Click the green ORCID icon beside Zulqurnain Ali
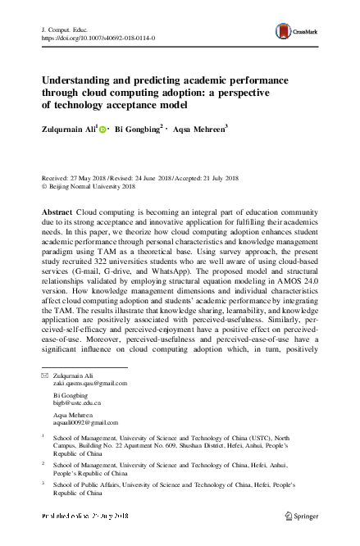click(104, 129)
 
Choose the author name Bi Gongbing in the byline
click(137, 128)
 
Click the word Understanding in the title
click(80, 82)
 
